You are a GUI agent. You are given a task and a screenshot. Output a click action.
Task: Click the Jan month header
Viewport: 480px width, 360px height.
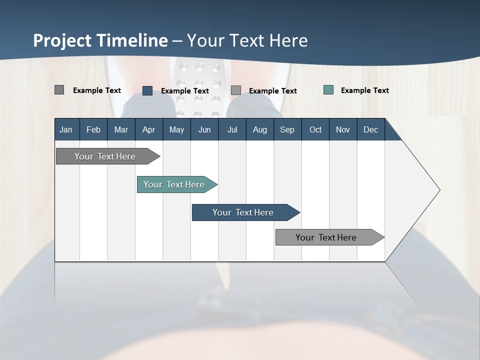point(66,129)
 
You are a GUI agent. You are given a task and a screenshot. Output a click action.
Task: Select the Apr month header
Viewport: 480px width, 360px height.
point(148,129)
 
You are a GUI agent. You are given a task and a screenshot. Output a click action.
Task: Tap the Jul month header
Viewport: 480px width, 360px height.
point(232,129)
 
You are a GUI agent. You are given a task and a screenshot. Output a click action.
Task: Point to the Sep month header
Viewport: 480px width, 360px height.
point(287,129)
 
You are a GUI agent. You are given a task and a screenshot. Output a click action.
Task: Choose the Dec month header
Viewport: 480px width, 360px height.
point(370,129)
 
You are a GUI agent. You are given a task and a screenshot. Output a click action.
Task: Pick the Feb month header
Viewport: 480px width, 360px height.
point(93,129)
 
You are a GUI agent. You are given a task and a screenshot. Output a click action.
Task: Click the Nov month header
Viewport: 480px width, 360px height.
point(342,129)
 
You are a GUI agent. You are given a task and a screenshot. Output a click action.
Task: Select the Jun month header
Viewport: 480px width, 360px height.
point(204,129)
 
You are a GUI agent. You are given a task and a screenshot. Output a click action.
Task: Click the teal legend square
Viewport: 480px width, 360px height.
point(328,90)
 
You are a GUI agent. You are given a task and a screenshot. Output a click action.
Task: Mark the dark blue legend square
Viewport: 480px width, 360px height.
point(147,90)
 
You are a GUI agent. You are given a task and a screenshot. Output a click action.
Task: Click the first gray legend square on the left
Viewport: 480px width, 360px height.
point(59,90)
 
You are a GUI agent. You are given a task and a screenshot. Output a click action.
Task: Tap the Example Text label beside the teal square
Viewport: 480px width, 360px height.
point(364,90)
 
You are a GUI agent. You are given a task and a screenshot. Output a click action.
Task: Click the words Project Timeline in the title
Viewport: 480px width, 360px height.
point(100,40)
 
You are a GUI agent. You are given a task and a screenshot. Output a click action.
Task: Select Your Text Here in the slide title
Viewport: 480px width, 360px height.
point(247,40)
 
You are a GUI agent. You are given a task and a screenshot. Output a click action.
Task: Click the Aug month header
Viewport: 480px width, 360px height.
point(259,129)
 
